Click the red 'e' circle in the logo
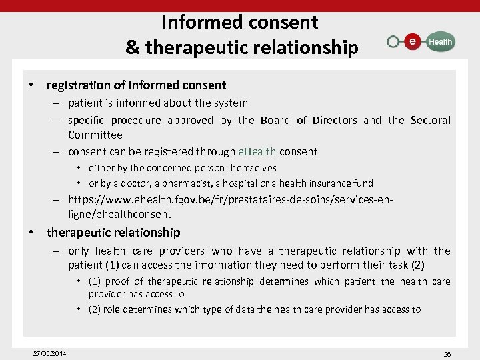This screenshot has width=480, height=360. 413,41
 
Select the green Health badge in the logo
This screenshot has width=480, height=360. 439,41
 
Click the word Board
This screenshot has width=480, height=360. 275,120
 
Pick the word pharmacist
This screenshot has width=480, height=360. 180,183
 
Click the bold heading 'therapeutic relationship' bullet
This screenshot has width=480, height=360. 113,233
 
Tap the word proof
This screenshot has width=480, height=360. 118,281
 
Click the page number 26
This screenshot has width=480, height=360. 447,354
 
